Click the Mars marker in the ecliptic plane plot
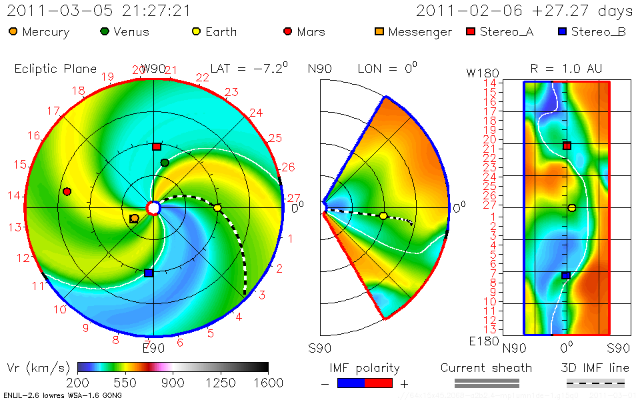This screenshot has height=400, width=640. (67, 192)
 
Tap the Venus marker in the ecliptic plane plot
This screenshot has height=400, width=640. (165, 163)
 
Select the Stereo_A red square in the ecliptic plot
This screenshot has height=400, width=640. (157, 147)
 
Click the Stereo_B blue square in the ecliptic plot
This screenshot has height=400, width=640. (149, 273)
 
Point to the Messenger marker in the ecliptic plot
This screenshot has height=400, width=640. (134, 218)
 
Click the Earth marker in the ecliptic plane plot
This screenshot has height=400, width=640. (217, 208)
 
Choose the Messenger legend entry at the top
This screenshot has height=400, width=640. (413, 32)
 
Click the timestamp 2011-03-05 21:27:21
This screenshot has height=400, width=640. (99, 11)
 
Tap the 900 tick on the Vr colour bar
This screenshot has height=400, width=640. (173, 383)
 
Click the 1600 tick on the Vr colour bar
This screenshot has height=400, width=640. (267, 383)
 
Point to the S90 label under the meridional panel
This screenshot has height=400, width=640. (321, 347)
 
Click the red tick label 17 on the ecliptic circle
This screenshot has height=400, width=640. (53, 111)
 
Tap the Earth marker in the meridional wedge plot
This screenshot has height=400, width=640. (383, 215)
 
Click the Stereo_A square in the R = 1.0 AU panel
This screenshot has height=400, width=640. (567, 145)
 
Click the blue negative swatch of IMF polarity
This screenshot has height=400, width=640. (351, 383)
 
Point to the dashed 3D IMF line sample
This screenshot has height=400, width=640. (595, 383)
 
